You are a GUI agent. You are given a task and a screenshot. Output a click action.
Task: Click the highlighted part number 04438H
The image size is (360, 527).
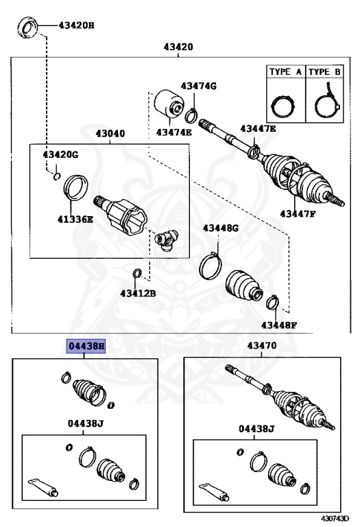86,347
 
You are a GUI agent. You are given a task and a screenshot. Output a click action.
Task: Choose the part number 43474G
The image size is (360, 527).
198,86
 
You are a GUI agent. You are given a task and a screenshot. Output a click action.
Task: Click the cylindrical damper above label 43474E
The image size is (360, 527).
167,104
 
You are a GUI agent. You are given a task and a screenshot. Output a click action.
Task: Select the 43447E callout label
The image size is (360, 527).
258,128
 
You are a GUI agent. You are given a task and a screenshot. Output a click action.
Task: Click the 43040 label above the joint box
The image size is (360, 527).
110,134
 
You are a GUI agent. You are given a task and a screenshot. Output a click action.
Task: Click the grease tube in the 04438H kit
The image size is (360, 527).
43,488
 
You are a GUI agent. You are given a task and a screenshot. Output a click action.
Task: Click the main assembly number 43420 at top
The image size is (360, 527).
178,47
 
